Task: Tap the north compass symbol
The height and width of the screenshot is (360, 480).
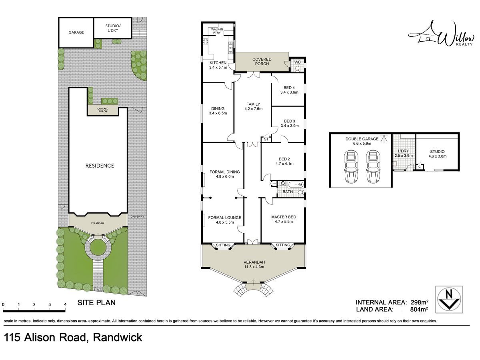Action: [449, 300]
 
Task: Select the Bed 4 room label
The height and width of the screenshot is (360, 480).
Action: [289, 88]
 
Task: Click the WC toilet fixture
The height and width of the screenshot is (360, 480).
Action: [297, 69]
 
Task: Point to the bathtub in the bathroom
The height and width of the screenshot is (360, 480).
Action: [296, 185]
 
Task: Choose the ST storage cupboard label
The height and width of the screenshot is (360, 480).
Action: [266, 139]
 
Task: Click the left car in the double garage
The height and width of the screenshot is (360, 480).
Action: [351, 166]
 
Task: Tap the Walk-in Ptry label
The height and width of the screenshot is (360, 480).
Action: [217, 31]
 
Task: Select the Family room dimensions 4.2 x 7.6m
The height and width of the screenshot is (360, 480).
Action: [254, 109]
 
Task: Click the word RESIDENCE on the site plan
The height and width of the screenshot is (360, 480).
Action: [100, 166]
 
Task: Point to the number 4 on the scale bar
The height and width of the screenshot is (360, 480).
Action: [65, 304]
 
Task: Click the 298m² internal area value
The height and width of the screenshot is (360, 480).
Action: [420, 302]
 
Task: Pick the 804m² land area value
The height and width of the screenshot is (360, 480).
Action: [419, 309]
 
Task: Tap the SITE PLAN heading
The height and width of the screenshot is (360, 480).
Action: [96, 302]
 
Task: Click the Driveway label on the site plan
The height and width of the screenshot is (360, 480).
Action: [137, 216]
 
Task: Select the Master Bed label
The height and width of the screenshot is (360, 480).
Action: [284, 217]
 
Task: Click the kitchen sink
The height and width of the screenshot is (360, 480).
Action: [231, 48]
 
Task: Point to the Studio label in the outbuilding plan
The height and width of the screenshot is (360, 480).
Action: [437, 152]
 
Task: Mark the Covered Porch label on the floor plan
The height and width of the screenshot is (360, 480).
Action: [262, 62]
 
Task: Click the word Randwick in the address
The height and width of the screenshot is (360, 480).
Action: [118, 337]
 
